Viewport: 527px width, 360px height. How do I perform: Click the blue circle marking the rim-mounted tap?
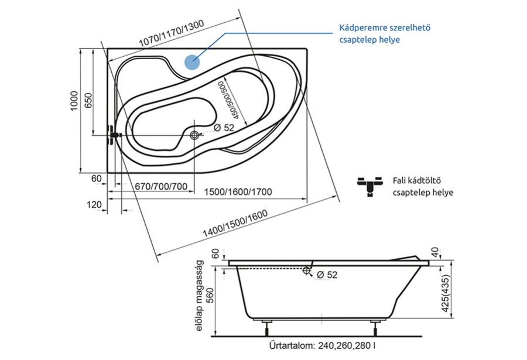pyautogui.click(x=192, y=62)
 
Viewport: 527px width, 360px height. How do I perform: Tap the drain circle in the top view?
pyautogui.click(x=194, y=135)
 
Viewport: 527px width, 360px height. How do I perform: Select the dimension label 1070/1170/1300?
pyautogui.click(x=172, y=33)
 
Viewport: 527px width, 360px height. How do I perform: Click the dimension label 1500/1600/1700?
pyautogui.click(x=238, y=192)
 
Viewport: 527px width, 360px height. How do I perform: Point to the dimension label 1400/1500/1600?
pyautogui.click(x=235, y=223)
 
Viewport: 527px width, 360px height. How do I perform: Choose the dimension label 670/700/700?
pyautogui.click(x=161, y=186)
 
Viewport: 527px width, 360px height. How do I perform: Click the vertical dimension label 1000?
pyautogui.click(x=74, y=101)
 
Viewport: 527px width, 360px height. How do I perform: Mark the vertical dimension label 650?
pyautogui.click(x=88, y=101)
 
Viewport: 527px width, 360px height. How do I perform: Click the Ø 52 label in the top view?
pyautogui.click(x=224, y=128)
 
